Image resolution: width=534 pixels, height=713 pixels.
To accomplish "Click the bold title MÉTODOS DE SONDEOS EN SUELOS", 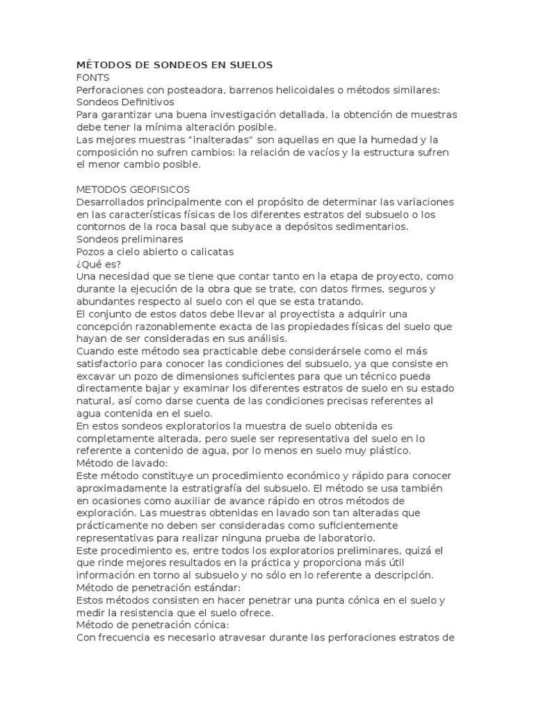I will pos(175,65).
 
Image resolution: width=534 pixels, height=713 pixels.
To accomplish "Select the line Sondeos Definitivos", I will pos(124,102).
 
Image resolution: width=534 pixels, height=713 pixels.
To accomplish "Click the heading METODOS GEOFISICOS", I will pos(132,189).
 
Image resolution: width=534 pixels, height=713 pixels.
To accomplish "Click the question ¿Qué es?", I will pos(98,264).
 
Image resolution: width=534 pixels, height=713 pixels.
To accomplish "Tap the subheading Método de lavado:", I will pos(122,463).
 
